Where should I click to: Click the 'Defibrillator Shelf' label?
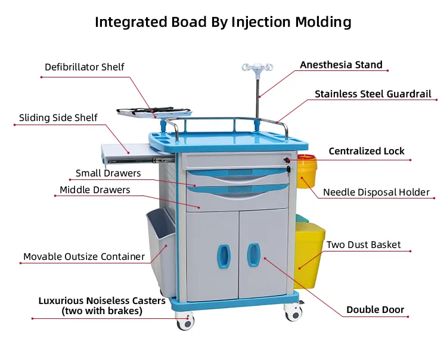[85, 67]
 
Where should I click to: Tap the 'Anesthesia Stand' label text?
[341, 65]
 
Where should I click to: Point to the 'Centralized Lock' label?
[367, 151]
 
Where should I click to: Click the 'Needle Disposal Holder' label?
[376, 193]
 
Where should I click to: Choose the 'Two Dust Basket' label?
[364, 245]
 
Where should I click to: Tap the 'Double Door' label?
[375, 310]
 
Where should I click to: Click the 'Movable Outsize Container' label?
[84, 257]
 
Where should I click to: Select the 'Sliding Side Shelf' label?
[58, 117]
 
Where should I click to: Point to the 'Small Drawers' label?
[108, 173]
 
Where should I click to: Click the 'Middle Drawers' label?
[95, 190]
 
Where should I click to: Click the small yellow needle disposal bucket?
[306, 171]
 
